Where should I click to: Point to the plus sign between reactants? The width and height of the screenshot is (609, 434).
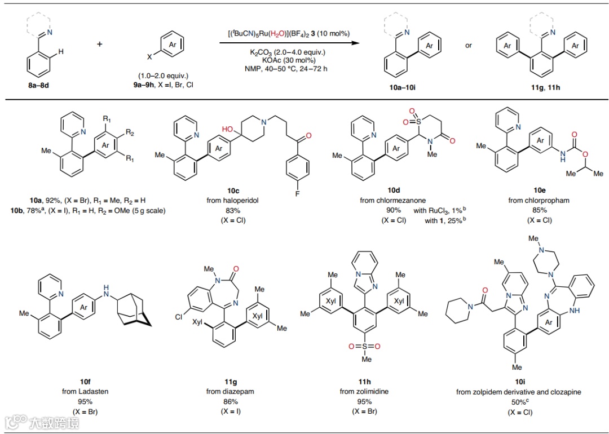coord(100,44)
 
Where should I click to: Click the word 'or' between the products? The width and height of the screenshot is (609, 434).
coord(469,45)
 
